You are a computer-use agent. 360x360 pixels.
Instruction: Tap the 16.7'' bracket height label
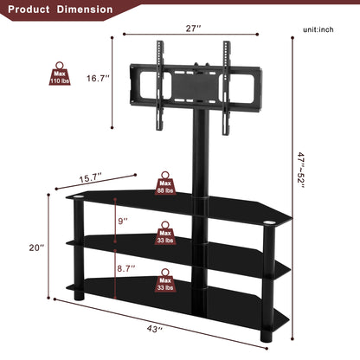tap(98, 78)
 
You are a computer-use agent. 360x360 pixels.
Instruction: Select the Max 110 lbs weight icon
tap(60, 76)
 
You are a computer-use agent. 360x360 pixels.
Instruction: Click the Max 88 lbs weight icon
tap(165, 183)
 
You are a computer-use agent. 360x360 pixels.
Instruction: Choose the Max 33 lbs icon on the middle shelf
tap(165, 234)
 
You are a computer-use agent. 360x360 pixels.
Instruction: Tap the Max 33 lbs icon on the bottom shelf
tap(165, 280)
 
